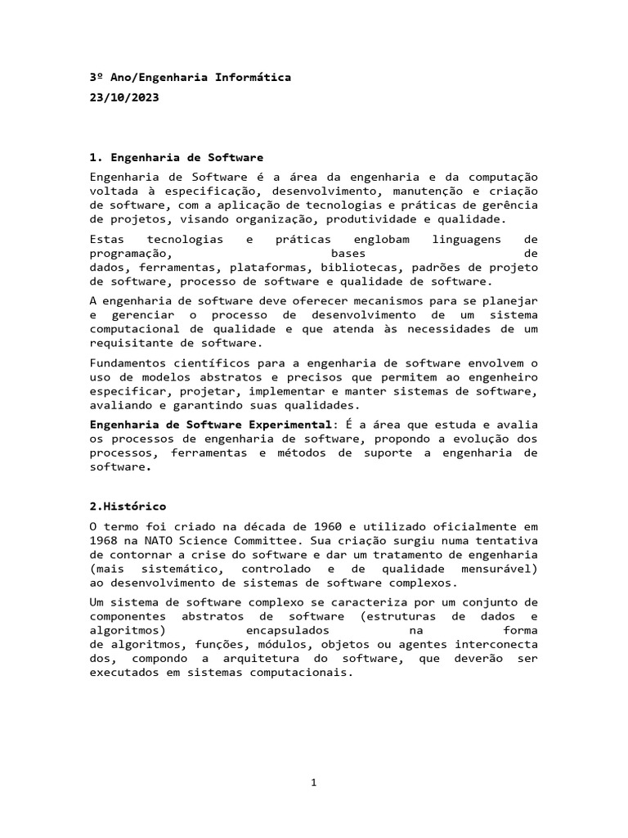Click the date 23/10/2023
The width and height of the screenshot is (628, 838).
coord(123,97)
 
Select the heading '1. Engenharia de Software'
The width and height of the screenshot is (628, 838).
coord(176,157)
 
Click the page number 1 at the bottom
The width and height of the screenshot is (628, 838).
coord(313,782)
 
